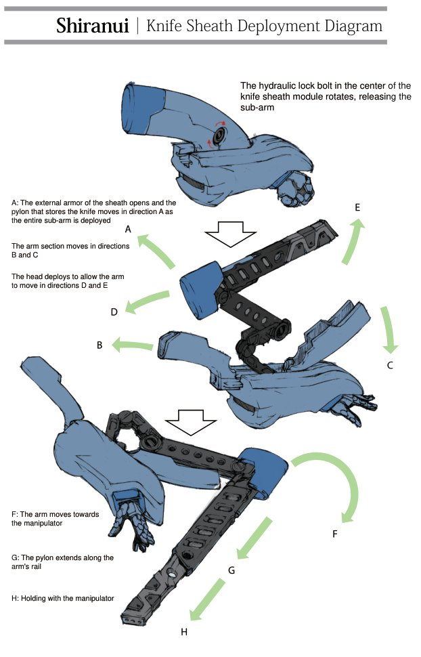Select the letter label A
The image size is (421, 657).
[127, 229]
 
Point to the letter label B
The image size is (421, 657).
[99, 345]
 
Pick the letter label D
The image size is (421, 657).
[114, 312]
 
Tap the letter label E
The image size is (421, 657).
[357, 208]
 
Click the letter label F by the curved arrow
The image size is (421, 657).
[335, 534]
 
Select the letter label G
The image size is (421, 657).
[231, 570]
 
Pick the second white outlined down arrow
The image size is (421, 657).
[191, 421]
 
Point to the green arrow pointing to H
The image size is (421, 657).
[209, 599]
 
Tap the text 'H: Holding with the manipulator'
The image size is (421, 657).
[63, 598]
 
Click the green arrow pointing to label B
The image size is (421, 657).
[133, 345]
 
